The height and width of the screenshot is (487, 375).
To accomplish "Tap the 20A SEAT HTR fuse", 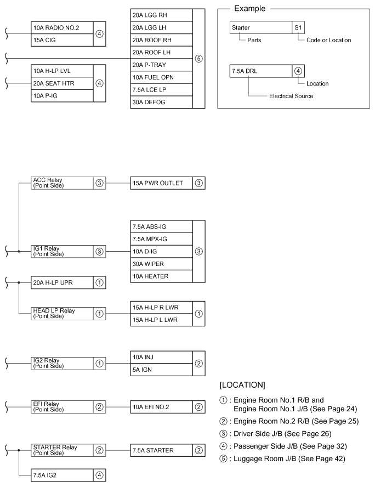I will (62, 83).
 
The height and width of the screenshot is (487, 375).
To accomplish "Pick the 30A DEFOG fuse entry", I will (161, 102).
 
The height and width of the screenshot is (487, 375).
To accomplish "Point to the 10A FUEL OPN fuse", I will (161, 77).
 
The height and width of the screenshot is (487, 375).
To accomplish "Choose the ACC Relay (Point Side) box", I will (62, 183).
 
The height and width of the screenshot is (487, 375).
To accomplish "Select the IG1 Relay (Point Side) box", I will (62, 252).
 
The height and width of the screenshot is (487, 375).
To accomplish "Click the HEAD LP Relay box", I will (62, 313).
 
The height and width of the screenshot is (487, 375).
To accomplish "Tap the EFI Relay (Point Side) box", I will (62, 406).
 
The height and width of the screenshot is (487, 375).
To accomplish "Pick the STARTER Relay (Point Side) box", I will (62, 450).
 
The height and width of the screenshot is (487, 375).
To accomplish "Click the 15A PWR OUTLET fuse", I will (161, 183).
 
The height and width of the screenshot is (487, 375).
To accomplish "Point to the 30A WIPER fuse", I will (161, 264).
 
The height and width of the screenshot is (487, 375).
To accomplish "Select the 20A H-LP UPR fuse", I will (62, 283).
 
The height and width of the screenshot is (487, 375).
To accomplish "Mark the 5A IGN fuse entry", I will (161, 369).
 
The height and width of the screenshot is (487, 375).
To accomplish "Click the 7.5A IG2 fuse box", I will (62, 474).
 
